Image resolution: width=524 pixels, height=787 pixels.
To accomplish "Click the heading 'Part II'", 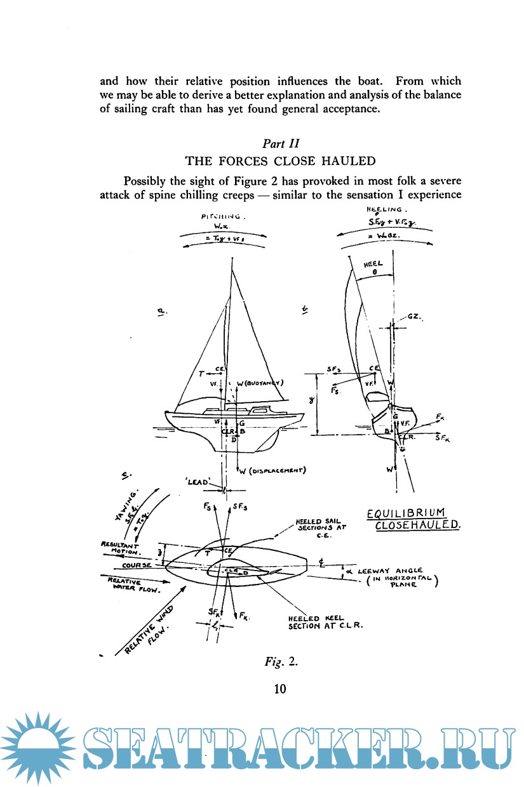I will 280,143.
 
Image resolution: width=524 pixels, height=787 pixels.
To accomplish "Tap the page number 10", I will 280,688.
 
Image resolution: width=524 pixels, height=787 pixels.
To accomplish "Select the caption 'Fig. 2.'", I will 280,663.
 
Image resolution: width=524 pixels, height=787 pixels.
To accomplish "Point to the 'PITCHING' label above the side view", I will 223,217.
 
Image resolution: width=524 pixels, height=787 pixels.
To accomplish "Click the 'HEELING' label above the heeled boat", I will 387,209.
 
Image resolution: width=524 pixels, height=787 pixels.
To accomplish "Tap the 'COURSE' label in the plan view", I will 137,564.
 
